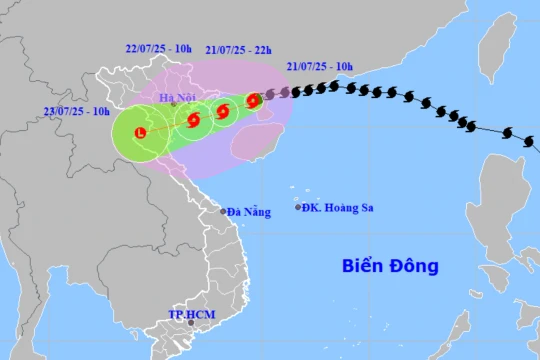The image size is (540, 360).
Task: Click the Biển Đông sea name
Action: click(x=390, y=267)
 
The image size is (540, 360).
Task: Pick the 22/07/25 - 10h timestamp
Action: click(x=158, y=47)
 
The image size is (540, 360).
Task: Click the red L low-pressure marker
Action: click(x=140, y=132)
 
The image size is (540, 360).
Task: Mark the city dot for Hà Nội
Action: click(x=174, y=105)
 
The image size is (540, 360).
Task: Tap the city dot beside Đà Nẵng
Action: click(x=223, y=211)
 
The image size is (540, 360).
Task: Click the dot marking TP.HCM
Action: click(x=191, y=323)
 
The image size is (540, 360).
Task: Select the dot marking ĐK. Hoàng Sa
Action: click(x=298, y=207)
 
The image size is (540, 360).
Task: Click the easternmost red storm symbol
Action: click(x=253, y=100)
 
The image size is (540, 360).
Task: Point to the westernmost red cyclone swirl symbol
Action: click(x=194, y=120)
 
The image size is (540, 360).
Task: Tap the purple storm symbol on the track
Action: click(x=270, y=96)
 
